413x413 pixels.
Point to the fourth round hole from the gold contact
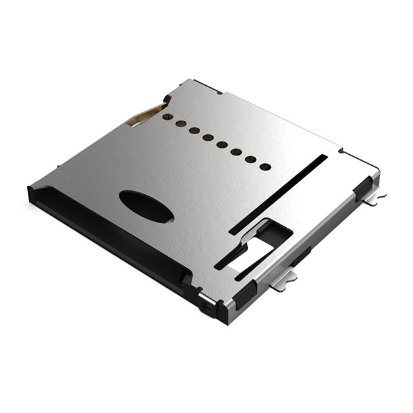click(x=207, y=136)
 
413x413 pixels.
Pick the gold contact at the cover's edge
click(x=143, y=115)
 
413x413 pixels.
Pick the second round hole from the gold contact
click(x=180, y=123)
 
